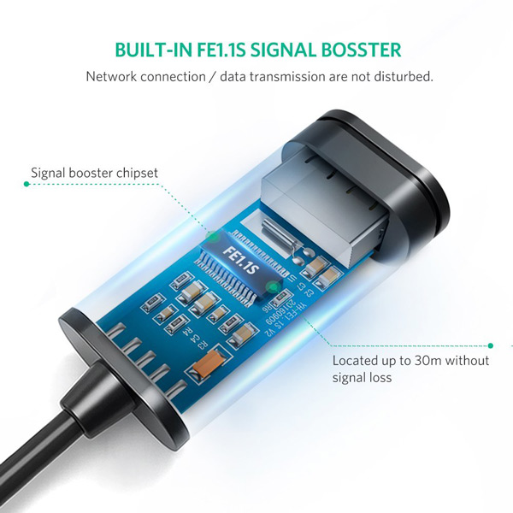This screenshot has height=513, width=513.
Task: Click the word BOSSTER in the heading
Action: pyautogui.click(x=358, y=50)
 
